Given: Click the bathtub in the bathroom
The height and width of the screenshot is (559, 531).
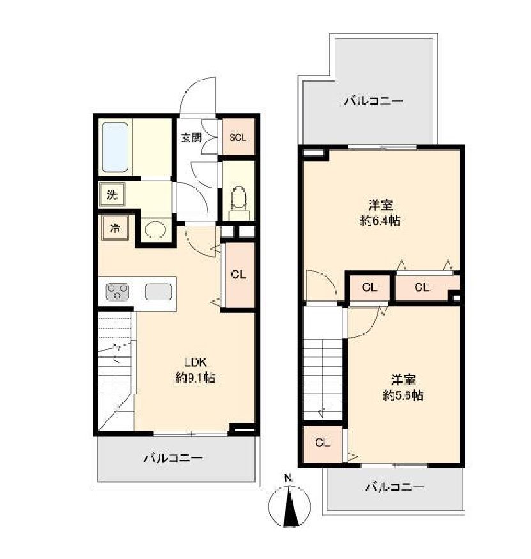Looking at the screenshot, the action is (x=115, y=148).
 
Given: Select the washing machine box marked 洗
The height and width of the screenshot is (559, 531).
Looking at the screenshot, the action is (x=112, y=194).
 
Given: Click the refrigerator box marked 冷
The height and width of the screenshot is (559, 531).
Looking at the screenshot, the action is (x=115, y=228).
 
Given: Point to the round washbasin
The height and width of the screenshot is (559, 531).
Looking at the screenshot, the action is (x=155, y=229).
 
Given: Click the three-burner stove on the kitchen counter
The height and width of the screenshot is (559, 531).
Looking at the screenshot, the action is (x=118, y=291).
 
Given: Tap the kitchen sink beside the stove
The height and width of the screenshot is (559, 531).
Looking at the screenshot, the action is (x=158, y=291).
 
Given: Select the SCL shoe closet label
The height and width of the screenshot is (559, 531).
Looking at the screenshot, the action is (x=238, y=137).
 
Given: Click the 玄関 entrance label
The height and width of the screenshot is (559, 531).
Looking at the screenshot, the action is (x=191, y=137).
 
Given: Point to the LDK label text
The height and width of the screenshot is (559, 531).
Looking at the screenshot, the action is (x=195, y=362).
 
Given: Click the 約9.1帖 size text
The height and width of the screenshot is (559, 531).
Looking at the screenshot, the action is (x=195, y=378).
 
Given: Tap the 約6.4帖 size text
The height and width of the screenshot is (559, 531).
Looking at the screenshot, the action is (x=380, y=220).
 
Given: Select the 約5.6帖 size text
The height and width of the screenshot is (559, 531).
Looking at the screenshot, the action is (x=403, y=395).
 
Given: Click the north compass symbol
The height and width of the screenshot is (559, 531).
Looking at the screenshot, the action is (x=289, y=505).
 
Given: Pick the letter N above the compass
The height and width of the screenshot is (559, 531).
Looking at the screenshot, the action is (x=288, y=479).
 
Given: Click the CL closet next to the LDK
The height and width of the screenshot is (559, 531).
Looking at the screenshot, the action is (x=238, y=275).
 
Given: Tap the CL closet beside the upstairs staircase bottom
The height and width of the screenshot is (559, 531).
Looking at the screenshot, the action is (x=323, y=443).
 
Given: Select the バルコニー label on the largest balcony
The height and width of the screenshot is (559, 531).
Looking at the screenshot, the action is (x=373, y=102).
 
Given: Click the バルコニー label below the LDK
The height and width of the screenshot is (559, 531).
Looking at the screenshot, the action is (x=173, y=458).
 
